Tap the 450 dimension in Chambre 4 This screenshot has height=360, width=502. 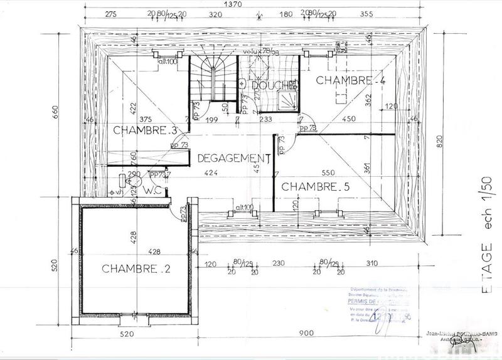point(348,119)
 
